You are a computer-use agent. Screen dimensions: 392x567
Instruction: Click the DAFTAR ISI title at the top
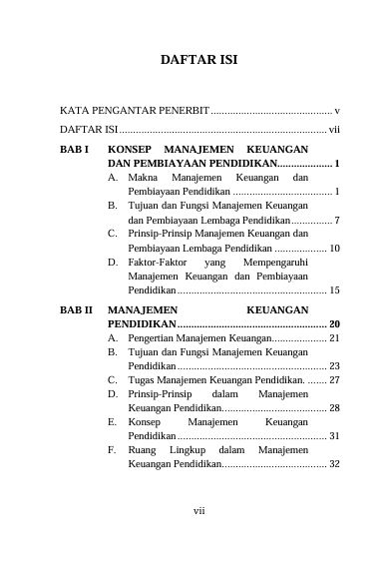(x=199, y=60)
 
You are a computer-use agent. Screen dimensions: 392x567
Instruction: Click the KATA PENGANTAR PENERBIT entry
(x=134, y=110)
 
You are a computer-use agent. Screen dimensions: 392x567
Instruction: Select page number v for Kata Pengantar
(x=338, y=110)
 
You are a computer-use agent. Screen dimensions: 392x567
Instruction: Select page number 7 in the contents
(x=339, y=219)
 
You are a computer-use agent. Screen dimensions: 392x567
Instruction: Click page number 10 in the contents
(x=335, y=247)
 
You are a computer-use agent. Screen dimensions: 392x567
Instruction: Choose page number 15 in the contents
(x=335, y=289)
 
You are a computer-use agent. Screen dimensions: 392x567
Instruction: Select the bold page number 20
(x=335, y=325)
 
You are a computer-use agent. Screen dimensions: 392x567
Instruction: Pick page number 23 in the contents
(x=335, y=366)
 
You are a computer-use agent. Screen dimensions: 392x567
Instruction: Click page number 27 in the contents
(x=335, y=380)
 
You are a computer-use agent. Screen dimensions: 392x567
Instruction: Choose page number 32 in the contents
(x=335, y=464)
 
